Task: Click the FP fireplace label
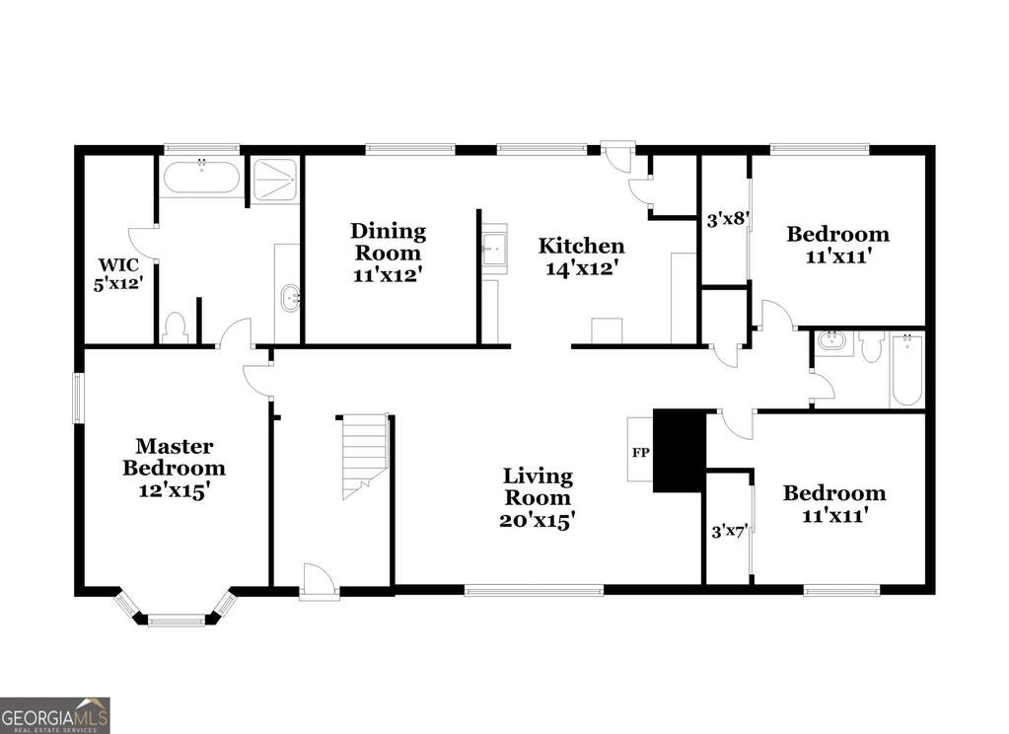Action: [x=640, y=453]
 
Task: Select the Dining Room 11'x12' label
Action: [x=388, y=253]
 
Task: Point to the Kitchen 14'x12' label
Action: [x=581, y=256]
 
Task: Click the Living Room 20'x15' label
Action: [x=538, y=497]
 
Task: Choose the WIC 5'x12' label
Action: [x=117, y=274]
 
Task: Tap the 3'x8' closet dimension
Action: [x=726, y=220]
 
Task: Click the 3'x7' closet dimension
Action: [x=728, y=532]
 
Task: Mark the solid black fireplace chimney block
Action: [x=679, y=451]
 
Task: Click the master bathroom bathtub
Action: [x=201, y=177]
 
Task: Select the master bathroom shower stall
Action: [x=275, y=181]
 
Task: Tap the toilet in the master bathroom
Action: [x=175, y=327]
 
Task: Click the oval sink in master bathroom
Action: [x=290, y=298]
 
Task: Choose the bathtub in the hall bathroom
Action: [x=906, y=370]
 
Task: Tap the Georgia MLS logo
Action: [x=54, y=715]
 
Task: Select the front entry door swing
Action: [x=318, y=581]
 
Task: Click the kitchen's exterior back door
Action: [x=617, y=156]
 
